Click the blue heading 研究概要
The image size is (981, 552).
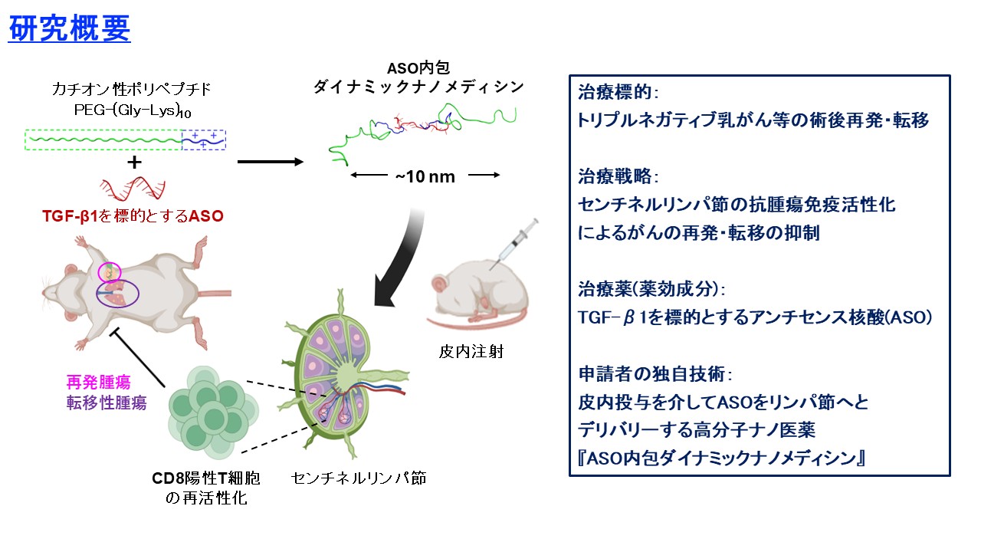click(x=69, y=28)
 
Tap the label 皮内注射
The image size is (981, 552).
click(x=471, y=351)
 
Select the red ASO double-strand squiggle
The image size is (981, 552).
click(x=133, y=188)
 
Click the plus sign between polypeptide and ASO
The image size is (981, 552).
click(x=134, y=163)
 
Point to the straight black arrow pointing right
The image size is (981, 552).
click(x=271, y=162)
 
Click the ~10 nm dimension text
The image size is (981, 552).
click(x=425, y=176)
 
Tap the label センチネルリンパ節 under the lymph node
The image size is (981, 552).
click(x=359, y=478)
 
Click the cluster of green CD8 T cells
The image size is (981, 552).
click(x=213, y=412)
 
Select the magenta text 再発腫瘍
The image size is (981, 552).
click(x=99, y=382)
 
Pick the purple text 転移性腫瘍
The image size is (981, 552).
click(x=107, y=402)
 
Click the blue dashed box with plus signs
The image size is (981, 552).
click(x=204, y=140)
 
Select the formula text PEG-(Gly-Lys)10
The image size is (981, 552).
click(x=133, y=110)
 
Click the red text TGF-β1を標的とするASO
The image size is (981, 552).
click(x=133, y=216)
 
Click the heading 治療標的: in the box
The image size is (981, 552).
click(x=618, y=93)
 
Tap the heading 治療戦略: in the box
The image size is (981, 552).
click(x=618, y=176)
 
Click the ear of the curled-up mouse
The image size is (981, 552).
click(x=440, y=284)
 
